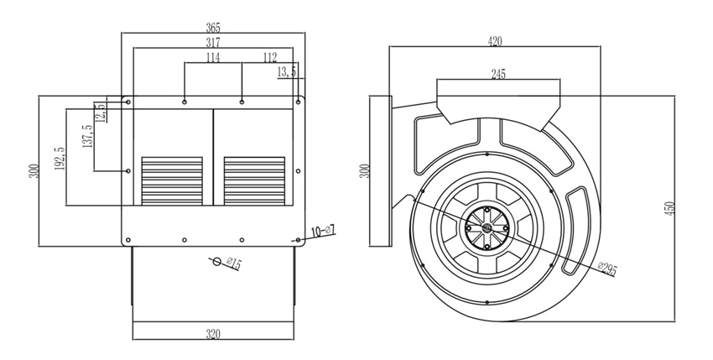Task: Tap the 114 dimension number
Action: pyautogui.click(x=213, y=57)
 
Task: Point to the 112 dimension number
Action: pyautogui.click(x=269, y=57)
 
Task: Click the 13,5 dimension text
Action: pyautogui.click(x=287, y=73)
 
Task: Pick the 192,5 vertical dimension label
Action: pyautogui.click(x=60, y=160)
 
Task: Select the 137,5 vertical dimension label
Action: pyautogui.click(x=87, y=139)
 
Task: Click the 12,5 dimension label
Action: pyautogui.click(x=101, y=112)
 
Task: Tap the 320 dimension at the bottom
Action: pyautogui.click(x=213, y=334)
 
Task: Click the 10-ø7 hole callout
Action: pyautogui.click(x=323, y=230)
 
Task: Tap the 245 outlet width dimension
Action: pyautogui.click(x=497, y=74)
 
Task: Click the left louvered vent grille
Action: pyautogui.click(x=172, y=180)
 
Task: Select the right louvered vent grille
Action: pyautogui.click(x=254, y=180)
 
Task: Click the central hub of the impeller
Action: pyautogui.click(x=485, y=225)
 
